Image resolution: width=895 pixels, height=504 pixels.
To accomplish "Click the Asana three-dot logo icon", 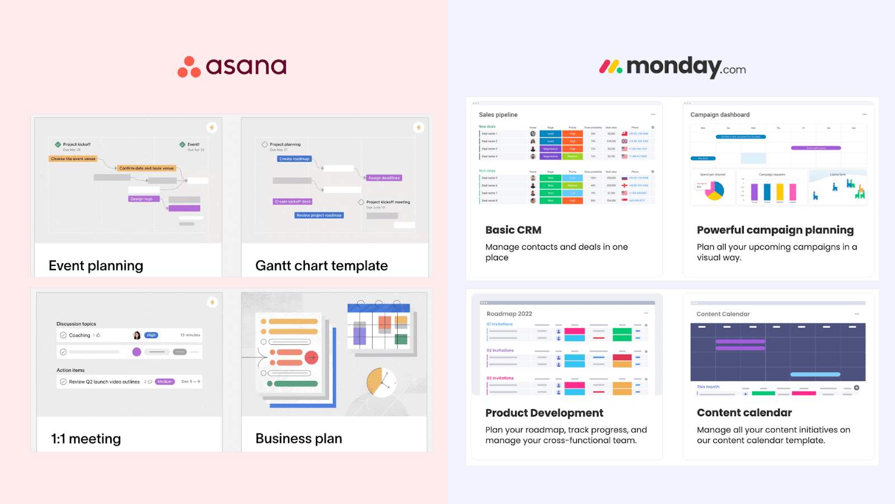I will (x=189, y=67).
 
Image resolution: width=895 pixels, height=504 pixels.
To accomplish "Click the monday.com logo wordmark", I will (x=686, y=67).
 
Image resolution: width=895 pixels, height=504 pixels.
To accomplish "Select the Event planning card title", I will (x=96, y=265).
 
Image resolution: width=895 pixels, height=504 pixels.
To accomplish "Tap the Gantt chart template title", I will (x=321, y=265).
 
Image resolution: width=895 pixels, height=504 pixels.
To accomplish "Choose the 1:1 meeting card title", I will (x=86, y=438).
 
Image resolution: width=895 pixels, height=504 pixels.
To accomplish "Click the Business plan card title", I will (x=298, y=438).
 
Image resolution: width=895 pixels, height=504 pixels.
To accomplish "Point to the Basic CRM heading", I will (x=513, y=230).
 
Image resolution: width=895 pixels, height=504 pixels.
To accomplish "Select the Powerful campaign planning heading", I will (x=775, y=230).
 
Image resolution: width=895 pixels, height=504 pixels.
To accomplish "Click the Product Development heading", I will (x=544, y=413).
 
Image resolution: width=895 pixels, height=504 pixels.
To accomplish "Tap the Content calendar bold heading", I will (x=744, y=413).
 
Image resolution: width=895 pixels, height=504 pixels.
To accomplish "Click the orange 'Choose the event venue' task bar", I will (x=73, y=159).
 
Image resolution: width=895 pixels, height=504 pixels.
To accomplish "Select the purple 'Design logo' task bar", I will (x=144, y=199).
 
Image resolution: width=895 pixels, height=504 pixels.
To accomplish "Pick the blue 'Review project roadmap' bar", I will (x=319, y=215).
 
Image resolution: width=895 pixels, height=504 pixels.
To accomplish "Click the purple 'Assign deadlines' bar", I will (x=384, y=178).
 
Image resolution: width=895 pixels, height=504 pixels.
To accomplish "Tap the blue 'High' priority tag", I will (x=151, y=335).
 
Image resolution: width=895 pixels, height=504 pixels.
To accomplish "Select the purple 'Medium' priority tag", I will (x=164, y=382).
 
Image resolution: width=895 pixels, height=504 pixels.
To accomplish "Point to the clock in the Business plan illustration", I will (x=381, y=382).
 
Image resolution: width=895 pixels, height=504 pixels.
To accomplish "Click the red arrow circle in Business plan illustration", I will (x=312, y=357).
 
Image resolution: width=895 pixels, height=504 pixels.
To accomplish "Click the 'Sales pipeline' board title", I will (x=498, y=115).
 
